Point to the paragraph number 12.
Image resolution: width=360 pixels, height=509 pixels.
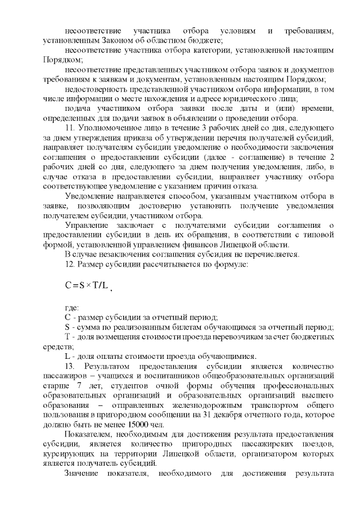click(x=70, y=263)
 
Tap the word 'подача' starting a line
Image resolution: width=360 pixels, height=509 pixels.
click(x=77, y=109)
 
